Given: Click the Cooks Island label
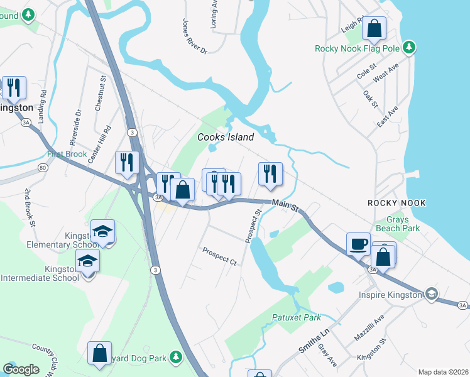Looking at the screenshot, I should pyautogui.click(x=226, y=137).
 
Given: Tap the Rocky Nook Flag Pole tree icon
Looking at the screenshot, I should pyautogui.click(x=409, y=47).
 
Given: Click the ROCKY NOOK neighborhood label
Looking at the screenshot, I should pyautogui.click(x=396, y=203).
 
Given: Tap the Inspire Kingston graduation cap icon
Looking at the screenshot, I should pyautogui.click(x=431, y=294).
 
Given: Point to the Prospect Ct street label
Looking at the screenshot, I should pyautogui.click(x=219, y=256).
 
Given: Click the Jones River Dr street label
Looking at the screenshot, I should pyautogui.click(x=194, y=36).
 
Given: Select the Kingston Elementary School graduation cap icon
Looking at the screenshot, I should pyautogui.click(x=102, y=231).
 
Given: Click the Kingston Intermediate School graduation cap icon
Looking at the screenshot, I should pyautogui.click(x=88, y=261).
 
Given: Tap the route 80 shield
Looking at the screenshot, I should pyautogui.click(x=42, y=168).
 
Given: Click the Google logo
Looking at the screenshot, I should pyautogui.click(x=21, y=369).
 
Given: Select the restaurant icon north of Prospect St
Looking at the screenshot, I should pyautogui.click(x=270, y=173).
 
